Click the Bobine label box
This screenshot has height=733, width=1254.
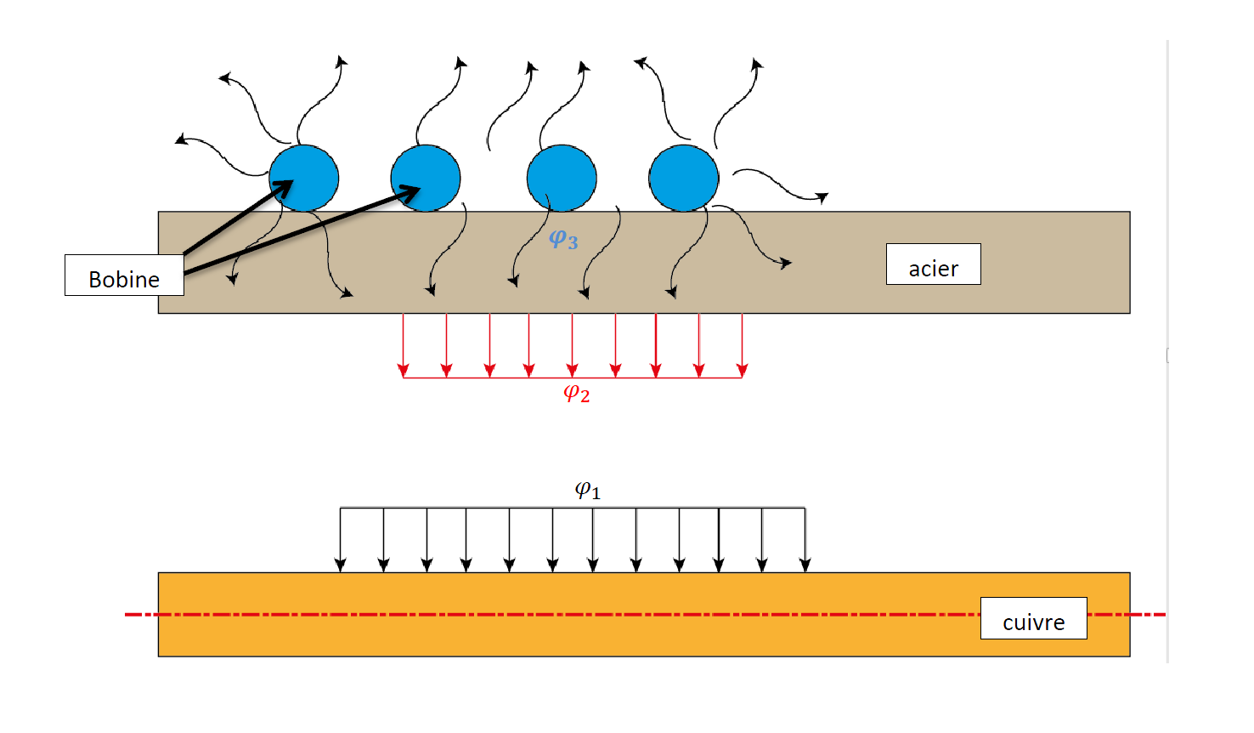(124, 276)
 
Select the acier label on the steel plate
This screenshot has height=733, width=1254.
(933, 264)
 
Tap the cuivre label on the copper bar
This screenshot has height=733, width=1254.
(1033, 618)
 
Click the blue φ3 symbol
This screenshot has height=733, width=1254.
(562, 240)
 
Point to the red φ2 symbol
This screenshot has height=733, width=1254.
(576, 393)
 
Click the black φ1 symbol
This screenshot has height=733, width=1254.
(587, 491)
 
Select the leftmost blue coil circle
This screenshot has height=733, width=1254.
(304, 178)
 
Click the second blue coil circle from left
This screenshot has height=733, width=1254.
(426, 178)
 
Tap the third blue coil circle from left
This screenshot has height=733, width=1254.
(562, 178)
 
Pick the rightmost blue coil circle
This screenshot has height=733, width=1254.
(684, 178)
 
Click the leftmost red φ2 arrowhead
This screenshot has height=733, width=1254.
(404, 370)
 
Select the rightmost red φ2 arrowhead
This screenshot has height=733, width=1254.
(743, 370)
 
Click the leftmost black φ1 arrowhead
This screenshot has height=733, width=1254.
(341, 565)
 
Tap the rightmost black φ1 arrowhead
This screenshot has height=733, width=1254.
(805, 565)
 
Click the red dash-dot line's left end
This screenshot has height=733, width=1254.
(127, 614)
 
